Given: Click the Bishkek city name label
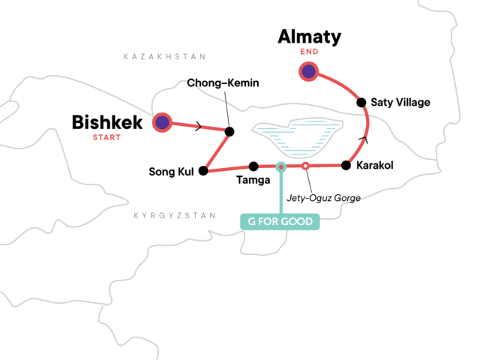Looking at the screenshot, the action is pyautogui.click(x=107, y=122).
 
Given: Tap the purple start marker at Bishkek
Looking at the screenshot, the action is pyautogui.click(x=162, y=122).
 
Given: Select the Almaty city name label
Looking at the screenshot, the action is pyautogui.click(x=310, y=37).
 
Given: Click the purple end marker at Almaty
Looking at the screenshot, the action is pyautogui.click(x=308, y=72).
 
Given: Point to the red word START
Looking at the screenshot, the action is pyautogui.click(x=106, y=137).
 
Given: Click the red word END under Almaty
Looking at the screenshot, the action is pyautogui.click(x=309, y=52).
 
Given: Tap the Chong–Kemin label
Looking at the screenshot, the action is pyautogui.click(x=223, y=82).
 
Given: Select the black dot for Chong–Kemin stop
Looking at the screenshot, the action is pyautogui.click(x=229, y=132).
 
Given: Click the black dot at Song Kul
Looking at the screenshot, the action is pyautogui.click(x=203, y=171).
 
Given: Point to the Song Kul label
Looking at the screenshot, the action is pyautogui.click(x=171, y=172).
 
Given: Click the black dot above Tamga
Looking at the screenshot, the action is pyautogui.click(x=253, y=166).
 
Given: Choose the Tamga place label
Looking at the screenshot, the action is pyautogui.click(x=253, y=180).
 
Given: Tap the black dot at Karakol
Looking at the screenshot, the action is pyautogui.click(x=346, y=165).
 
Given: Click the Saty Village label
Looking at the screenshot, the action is pyautogui.click(x=400, y=102).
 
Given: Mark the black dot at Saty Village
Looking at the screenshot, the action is pyautogui.click(x=361, y=102).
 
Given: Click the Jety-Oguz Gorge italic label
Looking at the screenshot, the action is pyautogui.click(x=323, y=198).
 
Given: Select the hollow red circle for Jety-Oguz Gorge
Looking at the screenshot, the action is pyautogui.click(x=305, y=166).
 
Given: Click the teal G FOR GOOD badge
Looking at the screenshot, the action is pyautogui.click(x=280, y=221).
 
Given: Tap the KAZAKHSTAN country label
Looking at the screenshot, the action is pyautogui.click(x=165, y=57).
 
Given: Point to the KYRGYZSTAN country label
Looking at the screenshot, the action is pyautogui.click(x=175, y=215).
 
